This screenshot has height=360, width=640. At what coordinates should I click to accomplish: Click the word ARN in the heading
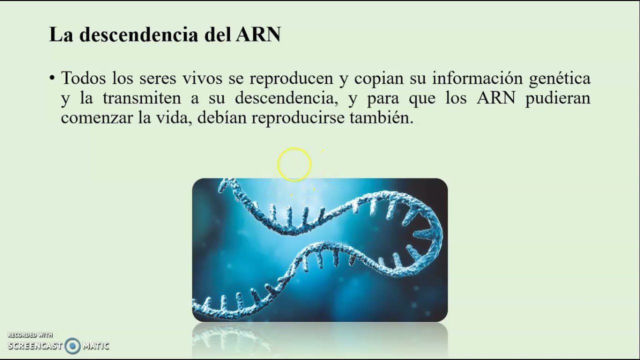click(x=258, y=34)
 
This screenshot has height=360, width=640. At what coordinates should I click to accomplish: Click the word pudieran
click(x=557, y=98)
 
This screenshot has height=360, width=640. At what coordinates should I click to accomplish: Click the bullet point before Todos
click(x=52, y=78)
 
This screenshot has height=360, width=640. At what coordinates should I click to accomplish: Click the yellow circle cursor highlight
click(x=294, y=164)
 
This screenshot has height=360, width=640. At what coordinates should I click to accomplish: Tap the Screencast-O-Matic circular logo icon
click(x=72, y=345)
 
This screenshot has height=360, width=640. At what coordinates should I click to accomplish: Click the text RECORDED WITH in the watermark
click(x=30, y=335)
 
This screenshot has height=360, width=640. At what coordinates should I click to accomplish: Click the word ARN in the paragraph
click(x=496, y=98)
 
